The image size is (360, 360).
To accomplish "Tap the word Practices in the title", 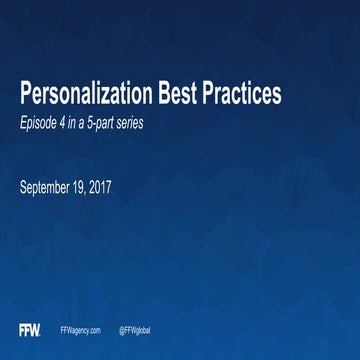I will pos(242,95).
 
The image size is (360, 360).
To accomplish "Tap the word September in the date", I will pos(50,186).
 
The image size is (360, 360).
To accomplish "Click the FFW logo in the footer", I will pos(29,329).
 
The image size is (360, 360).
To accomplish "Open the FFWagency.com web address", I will pos(81,330).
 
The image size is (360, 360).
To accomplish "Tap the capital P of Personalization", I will pos(27,95).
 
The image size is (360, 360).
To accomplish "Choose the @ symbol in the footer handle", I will pos(121,330).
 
